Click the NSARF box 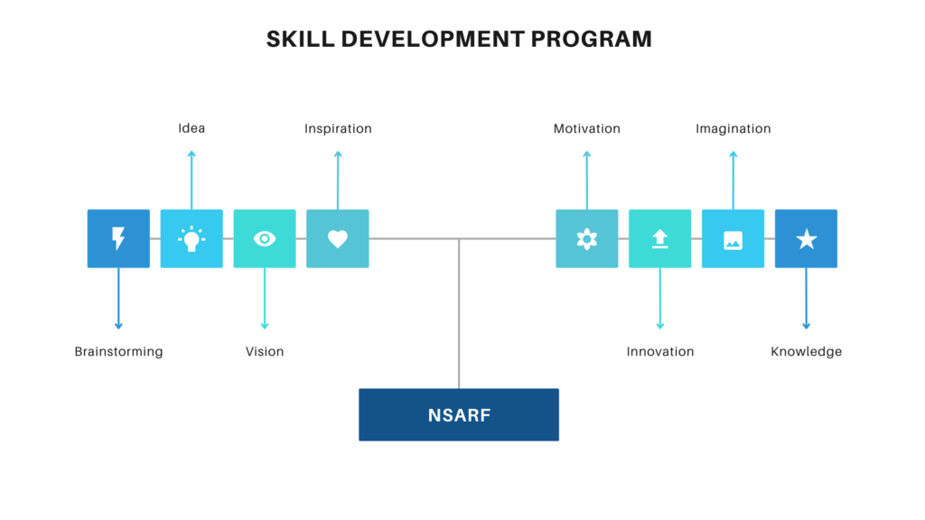(459, 414)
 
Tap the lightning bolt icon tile (118, 238)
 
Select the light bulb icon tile (192, 238)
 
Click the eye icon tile (265, 238)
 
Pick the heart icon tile (338, 238)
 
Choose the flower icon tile (587, 238)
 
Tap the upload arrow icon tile (660, 238)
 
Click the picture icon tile (733, 238)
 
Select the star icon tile (806, 238)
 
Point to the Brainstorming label (118, 352)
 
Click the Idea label (192, 128)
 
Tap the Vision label (265, 351)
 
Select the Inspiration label (338, 129)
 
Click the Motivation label (587, 128)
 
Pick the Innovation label (660, 351)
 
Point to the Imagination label (733, 129)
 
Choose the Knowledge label (807, 352)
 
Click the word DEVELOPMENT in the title (433, 39)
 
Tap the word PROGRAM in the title (591, 39)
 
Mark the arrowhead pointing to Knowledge (807, 326)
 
